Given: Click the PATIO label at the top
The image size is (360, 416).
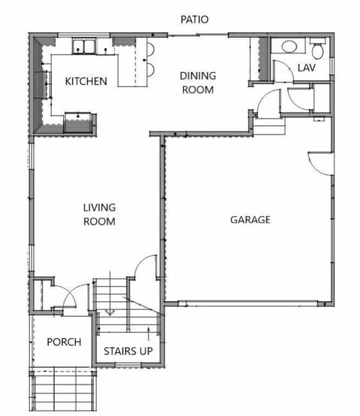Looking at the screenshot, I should pyautogui.click(x=194, y=19).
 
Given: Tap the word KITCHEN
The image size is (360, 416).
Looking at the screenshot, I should pyautogui.click(x=85, y=81).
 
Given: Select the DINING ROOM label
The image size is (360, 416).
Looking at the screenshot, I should pyautogui.click(x=197, y=83).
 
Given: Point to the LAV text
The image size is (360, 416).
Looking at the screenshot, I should pyautogui.click(x=307, y=68).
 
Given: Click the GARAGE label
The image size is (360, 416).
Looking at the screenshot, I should pyautogui.click(x=250, y=220).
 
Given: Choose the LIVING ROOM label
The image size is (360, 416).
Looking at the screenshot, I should pyautogui.click(x=98, y=214).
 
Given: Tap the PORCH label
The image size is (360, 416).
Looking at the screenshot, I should pyautogui.click(x=64, y=342).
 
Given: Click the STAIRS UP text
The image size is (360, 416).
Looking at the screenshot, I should pyautogui.click(x=130, y=351).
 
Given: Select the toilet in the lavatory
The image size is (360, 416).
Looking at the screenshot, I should pyautogui.click(x=316, y=50).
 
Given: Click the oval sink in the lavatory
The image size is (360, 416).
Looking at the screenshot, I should pyautogui.click(x=289, y=47).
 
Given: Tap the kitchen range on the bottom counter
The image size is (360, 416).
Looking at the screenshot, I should pyautogui.click(x=78, y=118).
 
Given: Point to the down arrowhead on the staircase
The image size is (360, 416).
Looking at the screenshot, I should pyautogui.click(x=109, y=311).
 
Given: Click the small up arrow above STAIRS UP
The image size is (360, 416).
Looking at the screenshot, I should pyautogui.click(x=142, y=333).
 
